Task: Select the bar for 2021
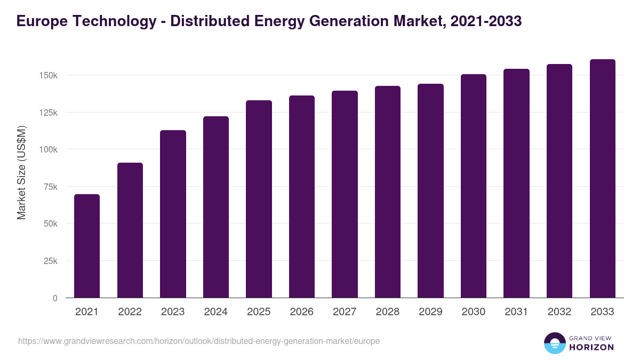point(87,246)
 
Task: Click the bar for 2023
point(173,214)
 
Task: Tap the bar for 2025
point(259,199)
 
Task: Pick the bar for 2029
point(430,190)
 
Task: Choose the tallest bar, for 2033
point(602,178)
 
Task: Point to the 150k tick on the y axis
point(49,75)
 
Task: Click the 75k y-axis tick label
point(51,187)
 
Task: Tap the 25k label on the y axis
point(51,261)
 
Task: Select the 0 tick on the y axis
point(55,298)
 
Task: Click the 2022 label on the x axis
point(130,312)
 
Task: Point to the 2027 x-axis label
point(345,312)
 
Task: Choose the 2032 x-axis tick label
point(559,312)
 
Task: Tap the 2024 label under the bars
point(215,312)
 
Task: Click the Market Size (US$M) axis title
point(21,172)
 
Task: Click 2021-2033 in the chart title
point(486,21)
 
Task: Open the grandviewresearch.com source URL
point(199,341)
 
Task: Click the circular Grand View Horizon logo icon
point(555,343)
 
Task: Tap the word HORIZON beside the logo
point(591,347)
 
